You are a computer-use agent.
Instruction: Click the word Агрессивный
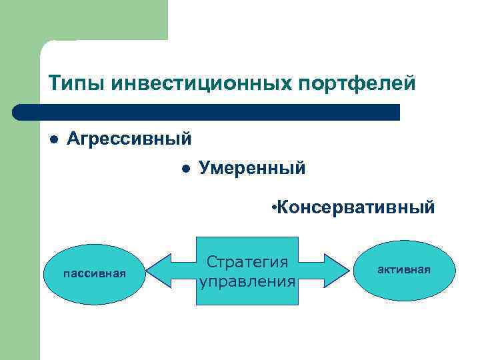tap(130, 139)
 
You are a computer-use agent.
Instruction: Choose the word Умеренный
tap(253, 169)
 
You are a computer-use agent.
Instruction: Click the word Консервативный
tap(357, 208)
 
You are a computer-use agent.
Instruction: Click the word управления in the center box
tap(247, 281)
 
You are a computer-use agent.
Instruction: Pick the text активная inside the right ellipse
tap(405, 269)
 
